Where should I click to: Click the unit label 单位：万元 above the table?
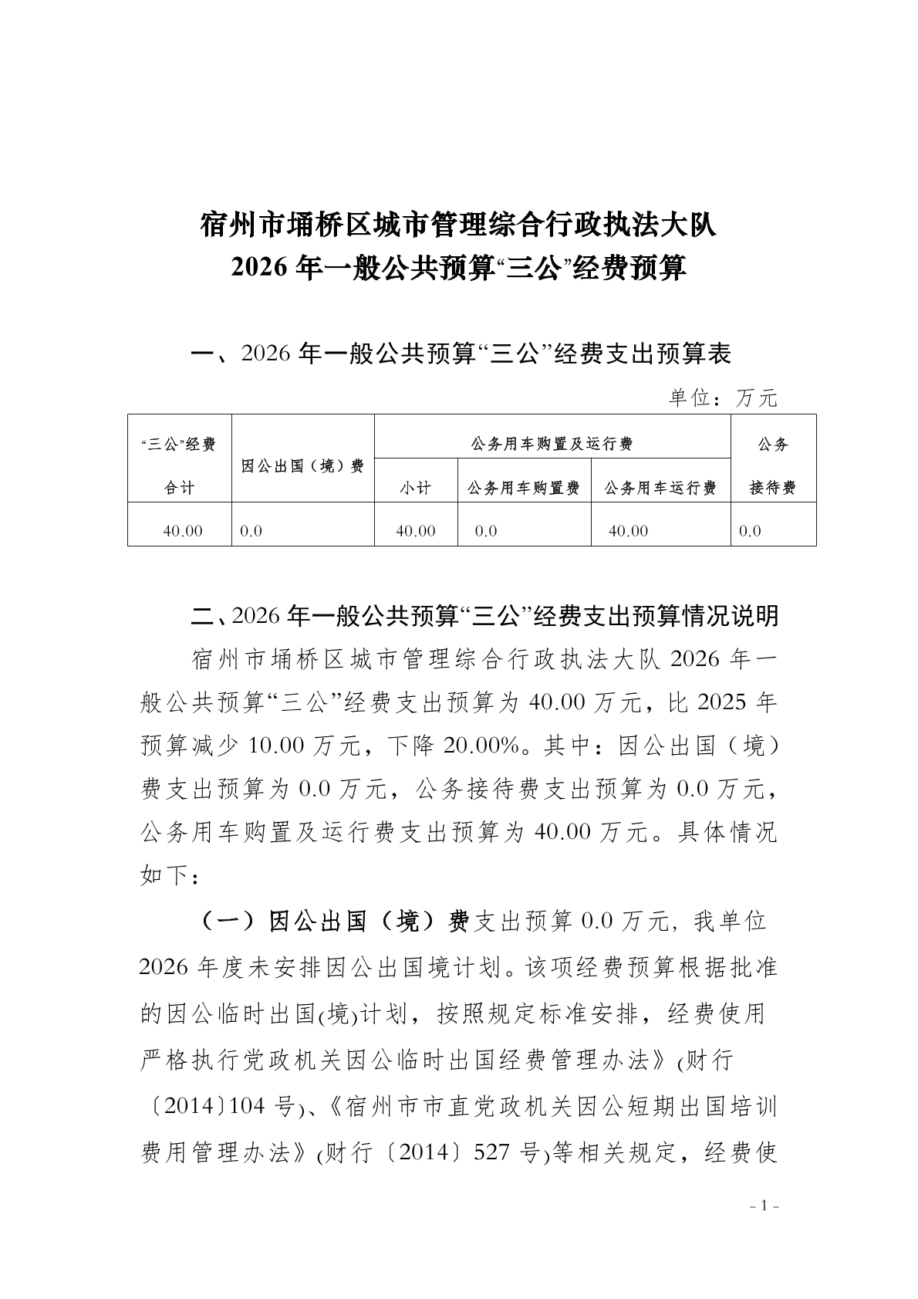click(723, 398)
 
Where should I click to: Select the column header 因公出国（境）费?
click(302, 466)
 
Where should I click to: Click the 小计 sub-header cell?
click(415, 489)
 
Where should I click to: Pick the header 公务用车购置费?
click(524, 489)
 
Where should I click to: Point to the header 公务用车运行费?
click(660, 489)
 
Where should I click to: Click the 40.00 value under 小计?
click(415, 531)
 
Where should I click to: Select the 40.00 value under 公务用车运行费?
click(628, 531)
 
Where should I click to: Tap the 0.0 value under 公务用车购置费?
click(486, 531)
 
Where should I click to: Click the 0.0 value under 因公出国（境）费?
click(251, 531)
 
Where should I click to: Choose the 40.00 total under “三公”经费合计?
click(183, 531)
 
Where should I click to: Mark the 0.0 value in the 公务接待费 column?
click(750, 531)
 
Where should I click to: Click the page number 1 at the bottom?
click(766, 1206)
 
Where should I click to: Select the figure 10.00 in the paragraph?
click(276, 746)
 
